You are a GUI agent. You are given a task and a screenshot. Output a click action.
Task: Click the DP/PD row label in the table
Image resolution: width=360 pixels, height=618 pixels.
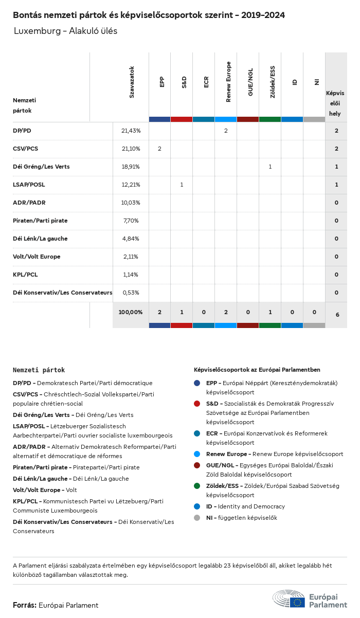coord(22,131)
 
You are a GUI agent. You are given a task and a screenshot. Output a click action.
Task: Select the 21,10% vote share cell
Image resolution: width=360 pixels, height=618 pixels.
coord(131,149)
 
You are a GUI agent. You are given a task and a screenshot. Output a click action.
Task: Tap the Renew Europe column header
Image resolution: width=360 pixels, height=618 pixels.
coord(228,82)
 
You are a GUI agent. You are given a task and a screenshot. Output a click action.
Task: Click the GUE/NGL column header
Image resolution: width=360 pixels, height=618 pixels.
coord(250,82)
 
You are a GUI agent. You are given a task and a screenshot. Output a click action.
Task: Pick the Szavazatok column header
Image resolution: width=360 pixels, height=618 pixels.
coord(132,82)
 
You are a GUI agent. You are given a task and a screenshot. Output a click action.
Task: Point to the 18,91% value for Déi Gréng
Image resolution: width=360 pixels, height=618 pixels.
coord(131,167)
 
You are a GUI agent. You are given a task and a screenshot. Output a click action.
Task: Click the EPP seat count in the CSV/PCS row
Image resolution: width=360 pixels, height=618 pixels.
coord(159,149)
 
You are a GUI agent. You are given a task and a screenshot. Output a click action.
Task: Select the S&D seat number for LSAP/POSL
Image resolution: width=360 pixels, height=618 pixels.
coord(182,185)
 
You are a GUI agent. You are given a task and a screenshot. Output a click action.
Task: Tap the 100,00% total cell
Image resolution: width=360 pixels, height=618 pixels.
coord(131,312)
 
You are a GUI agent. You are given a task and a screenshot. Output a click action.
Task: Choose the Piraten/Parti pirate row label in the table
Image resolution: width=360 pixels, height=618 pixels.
coord(40,221)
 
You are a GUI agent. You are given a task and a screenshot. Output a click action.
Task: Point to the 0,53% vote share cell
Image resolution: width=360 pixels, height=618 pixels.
coord(131,293)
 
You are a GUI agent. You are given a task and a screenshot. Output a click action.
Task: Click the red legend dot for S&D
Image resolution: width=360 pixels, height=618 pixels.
coord(197,404)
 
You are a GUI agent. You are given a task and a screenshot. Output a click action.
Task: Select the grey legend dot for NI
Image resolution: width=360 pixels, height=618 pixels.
coord(197,518)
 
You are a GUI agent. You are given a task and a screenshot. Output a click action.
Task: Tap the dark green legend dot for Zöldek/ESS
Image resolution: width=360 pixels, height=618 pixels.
coord(197,486)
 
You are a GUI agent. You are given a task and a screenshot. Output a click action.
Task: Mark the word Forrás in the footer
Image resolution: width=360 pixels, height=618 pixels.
coord(25,605)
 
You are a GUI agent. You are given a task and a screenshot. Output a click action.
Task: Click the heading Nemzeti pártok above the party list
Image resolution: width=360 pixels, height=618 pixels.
coord(39,370)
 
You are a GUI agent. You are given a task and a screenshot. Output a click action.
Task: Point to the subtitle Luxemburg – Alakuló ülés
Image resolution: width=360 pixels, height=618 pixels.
coord(65,31)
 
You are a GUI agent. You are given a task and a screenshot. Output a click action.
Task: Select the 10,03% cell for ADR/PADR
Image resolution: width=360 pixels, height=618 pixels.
coord(131,203)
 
